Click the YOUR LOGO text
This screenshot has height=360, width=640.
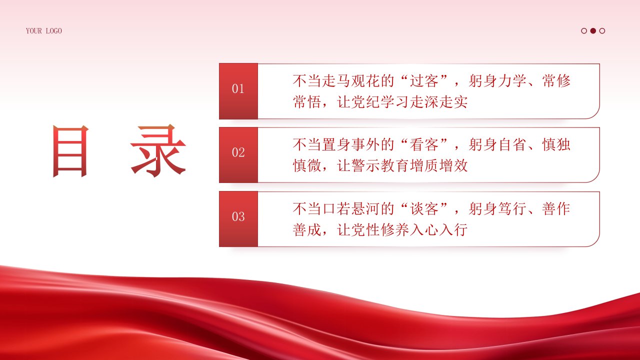[43, 31]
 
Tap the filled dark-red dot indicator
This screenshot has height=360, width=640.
[593, 31]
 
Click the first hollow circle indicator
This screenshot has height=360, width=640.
[584, 31]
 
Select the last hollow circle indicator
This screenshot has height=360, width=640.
[602, 31]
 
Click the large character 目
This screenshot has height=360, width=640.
[70, 151]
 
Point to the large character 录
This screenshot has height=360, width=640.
[158, 150]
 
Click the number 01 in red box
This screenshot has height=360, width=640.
[238, 89]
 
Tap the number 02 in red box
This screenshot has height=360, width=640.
[238, 152]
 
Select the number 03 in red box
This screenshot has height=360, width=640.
[238, 216]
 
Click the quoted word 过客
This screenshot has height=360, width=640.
[424, 81]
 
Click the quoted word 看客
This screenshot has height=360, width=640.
[424, 144]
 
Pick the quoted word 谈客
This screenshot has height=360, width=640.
[424, 209]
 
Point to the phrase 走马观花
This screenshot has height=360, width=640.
[351, 81]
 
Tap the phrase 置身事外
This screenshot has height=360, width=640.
[351, 144]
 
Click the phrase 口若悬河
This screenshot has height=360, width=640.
[351, 209]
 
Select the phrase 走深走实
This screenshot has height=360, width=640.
[439, 102]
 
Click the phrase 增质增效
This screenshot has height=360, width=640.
[439, 165]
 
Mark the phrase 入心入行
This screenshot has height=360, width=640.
[439, 229]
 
